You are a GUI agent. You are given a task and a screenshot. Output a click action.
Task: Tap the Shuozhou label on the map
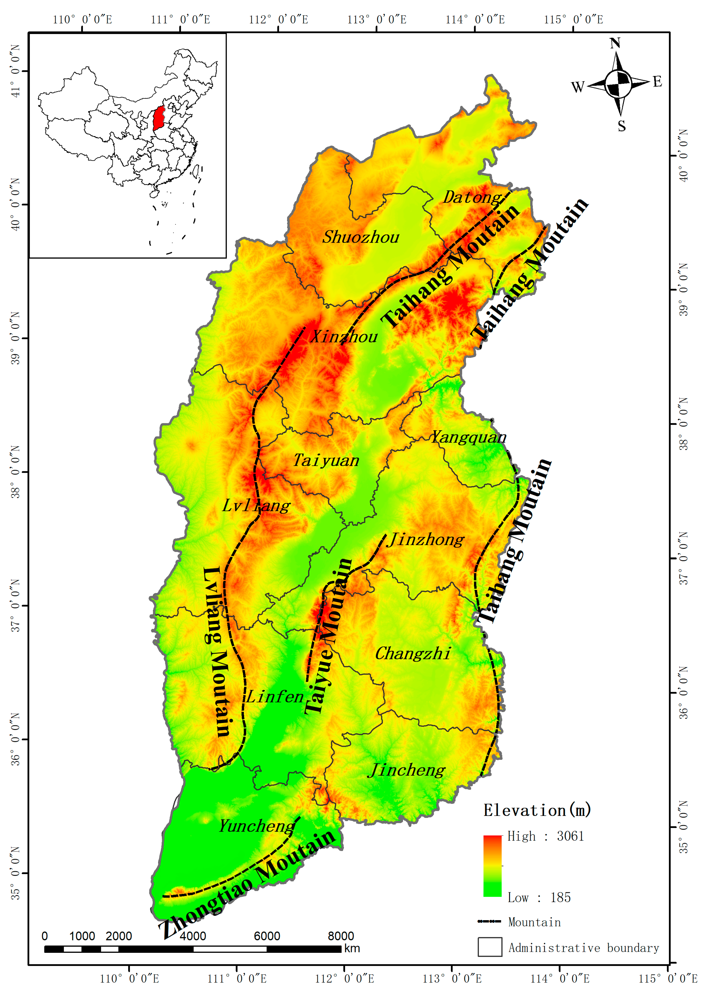coord(360,237)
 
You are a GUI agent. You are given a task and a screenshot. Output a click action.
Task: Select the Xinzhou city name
coord(344,337)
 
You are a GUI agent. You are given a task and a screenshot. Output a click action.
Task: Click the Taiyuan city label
coord(326,460)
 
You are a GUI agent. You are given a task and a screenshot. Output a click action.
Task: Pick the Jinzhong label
coord(425,540)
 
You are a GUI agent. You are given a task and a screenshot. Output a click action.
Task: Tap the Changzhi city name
coord(413,654)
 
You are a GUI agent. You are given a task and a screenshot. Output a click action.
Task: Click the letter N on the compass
coord(615,43)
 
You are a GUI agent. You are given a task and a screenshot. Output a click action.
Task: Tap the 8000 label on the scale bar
coord(341,936)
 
